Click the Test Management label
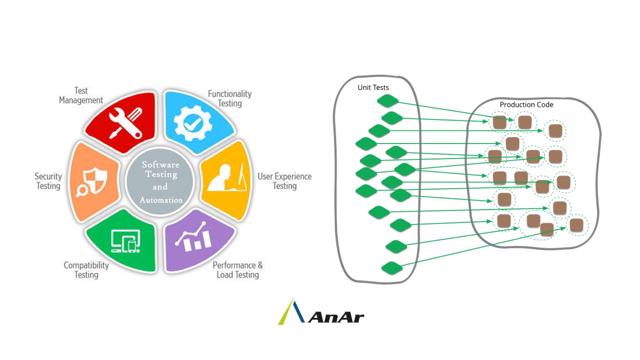81,95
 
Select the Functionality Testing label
229,98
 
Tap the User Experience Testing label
284,181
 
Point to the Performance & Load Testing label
237,270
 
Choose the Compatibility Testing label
86,270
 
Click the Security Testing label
48,181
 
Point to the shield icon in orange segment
93,180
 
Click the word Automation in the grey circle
161,200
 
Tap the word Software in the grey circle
160,164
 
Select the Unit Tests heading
373,87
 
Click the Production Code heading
526,104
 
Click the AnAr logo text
336,316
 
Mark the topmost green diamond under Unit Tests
387,101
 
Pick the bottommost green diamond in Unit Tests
392,268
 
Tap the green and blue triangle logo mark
291,312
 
